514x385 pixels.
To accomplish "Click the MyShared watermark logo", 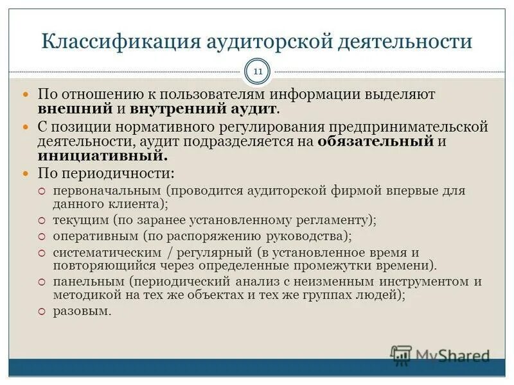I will point(439,355).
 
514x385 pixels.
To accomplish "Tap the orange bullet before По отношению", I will point(26,94).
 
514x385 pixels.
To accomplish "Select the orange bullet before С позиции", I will point(26,127).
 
